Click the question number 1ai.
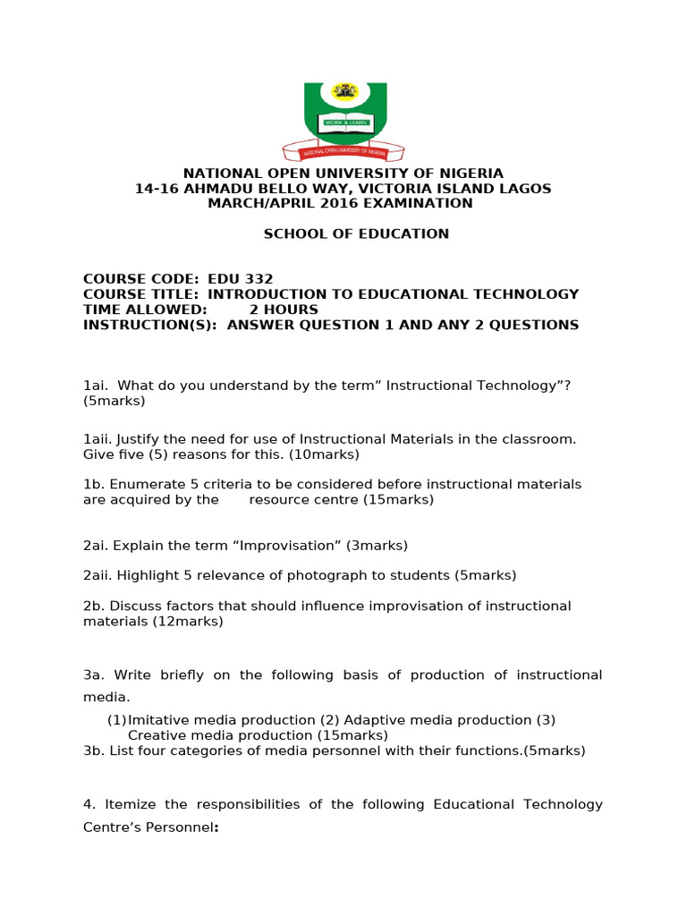tap(95, 386)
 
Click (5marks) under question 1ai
tap(114, 401)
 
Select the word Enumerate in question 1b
tap(143, 484)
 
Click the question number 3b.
tap(94, 751)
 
